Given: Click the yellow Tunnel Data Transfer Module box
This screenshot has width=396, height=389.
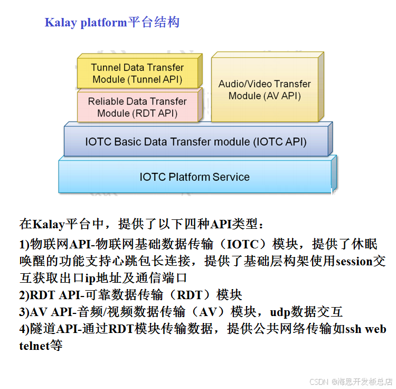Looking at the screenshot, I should click(x=137, y=73).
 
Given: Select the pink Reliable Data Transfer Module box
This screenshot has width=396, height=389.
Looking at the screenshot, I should click(x=137, y=107).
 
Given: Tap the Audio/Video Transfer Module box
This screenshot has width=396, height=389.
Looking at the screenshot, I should click(x=265, y=89).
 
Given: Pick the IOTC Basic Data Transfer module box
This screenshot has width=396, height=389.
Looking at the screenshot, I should click(x=195, y=142).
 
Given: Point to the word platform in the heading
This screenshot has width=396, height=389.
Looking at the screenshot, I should click(x=104, y=23).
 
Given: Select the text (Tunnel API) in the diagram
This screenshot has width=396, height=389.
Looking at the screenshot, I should click(x=156, y=80).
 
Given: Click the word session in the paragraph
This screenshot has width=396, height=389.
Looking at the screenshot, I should click(x=354, y=261).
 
